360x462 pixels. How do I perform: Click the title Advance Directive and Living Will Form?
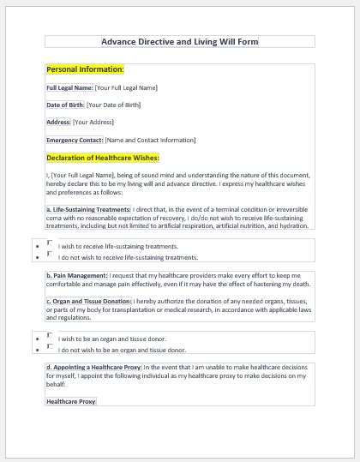coord(179,41)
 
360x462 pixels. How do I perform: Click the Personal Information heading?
coord(85,69)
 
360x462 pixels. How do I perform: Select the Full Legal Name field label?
coord(69,87)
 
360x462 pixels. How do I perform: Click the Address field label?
coord(58,122)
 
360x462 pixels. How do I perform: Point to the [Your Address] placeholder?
coord(93,122)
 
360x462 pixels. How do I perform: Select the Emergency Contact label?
coord(75,140)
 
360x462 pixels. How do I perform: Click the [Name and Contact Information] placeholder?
coord(150,140)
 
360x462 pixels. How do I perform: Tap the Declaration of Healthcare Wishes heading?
coord(102,158)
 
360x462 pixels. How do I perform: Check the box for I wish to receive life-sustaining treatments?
coord(50,243)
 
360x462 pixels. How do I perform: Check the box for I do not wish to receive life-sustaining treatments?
coord(50,254)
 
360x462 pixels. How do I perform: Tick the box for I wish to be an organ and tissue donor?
coord(50,335)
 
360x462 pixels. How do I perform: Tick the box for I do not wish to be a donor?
coord(50,346)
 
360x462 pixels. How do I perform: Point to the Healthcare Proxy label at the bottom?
coord(71,400)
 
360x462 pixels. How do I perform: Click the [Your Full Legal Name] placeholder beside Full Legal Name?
coord(127,87)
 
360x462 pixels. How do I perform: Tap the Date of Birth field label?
coord(65,105)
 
